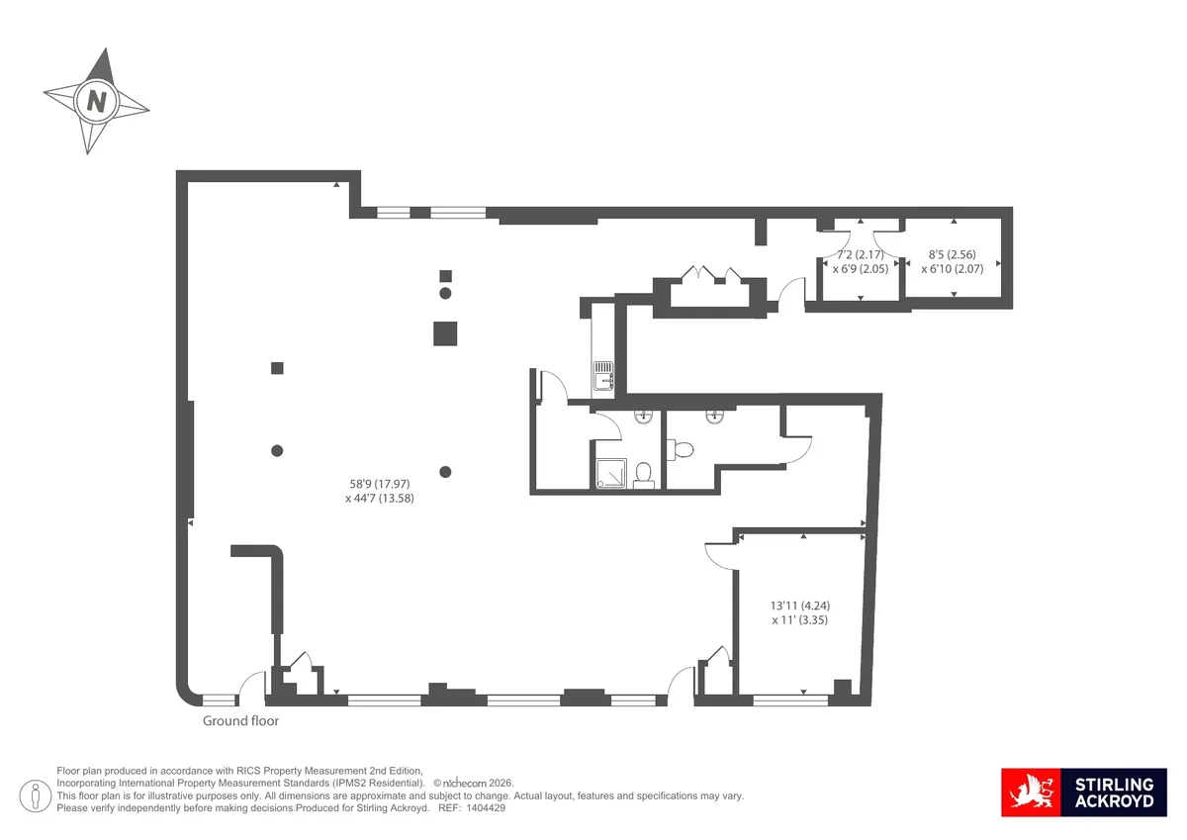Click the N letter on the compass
(x=97, y=101)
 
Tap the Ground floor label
(x=240, y=720)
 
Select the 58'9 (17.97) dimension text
(x=380, y=484)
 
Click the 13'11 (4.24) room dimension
(x=800, y=606)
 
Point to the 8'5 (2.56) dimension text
(x=953, y=254)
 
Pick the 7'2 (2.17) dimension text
(x=861, y=254)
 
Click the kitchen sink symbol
(x=603, y=376)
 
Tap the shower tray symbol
(x=611, y=473)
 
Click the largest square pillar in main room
(x=445, y=333)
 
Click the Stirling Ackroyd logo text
(x=1114, y=793)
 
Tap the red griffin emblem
(x=1031, y=792)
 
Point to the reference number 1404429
(x=485, y=808)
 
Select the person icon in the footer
(x=35, y=795)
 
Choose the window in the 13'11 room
(x=790, y=700)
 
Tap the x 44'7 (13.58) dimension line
(x=380, y=499)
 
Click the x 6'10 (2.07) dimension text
(x=953, y=269)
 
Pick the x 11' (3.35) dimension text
(x=800, y=620)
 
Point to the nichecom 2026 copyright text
(x=474, y=783)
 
